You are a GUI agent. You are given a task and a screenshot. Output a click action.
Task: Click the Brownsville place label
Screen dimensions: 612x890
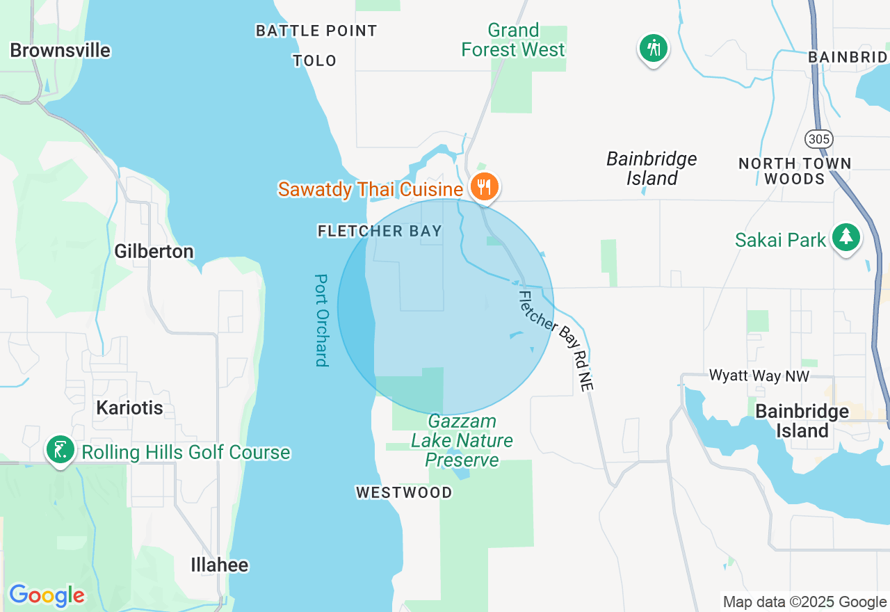60,50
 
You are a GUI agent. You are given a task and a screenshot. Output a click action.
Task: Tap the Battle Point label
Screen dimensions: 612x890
316,31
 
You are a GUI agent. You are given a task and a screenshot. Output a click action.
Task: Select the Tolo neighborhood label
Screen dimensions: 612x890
315,61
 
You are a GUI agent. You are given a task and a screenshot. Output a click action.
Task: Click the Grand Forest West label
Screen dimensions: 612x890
514,40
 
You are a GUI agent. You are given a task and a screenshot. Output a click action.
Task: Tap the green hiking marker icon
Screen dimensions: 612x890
654,48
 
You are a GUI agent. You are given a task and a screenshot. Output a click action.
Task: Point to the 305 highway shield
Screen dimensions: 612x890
819,139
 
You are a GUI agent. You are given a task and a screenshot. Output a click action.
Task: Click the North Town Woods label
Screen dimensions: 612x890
795,171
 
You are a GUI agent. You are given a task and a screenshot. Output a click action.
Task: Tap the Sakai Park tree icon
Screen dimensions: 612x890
845,237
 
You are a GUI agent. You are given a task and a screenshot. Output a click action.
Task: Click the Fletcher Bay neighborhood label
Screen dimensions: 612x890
380,231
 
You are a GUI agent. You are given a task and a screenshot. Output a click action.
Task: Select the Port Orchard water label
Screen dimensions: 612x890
321,320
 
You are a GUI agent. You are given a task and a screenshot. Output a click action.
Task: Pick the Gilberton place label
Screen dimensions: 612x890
154,251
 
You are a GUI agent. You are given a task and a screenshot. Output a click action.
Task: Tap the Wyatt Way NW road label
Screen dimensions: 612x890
759,376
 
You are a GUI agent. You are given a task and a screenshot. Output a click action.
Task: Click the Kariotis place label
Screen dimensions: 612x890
129,408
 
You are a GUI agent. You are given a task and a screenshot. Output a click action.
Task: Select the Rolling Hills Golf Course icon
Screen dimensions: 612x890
60,449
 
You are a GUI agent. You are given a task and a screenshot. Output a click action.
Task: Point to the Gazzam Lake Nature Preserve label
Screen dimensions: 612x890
462,441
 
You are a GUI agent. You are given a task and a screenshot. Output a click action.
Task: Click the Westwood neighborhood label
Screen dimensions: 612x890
404,492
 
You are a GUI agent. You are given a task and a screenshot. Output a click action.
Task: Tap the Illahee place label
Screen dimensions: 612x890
220,565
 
